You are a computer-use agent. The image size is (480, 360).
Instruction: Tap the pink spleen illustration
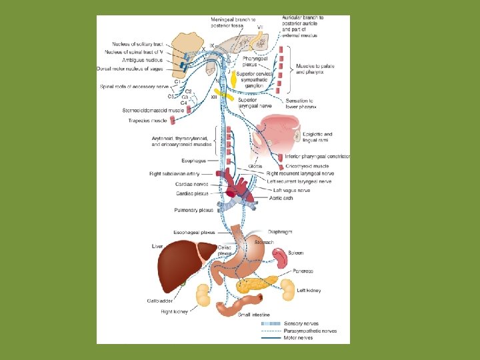point(279,257)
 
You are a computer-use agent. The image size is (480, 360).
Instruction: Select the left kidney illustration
point(287,289)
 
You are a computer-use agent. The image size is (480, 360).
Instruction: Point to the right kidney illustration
point(202,294)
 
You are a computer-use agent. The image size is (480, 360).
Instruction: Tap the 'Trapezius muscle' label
point(147,121)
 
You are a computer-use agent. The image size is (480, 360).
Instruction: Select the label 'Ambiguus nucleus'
point(142,59)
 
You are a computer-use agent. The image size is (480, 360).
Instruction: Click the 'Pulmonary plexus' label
point(193,209)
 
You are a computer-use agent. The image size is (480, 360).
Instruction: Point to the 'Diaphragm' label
point(280,231)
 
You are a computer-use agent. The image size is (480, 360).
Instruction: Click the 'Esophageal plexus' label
point(193,233)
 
